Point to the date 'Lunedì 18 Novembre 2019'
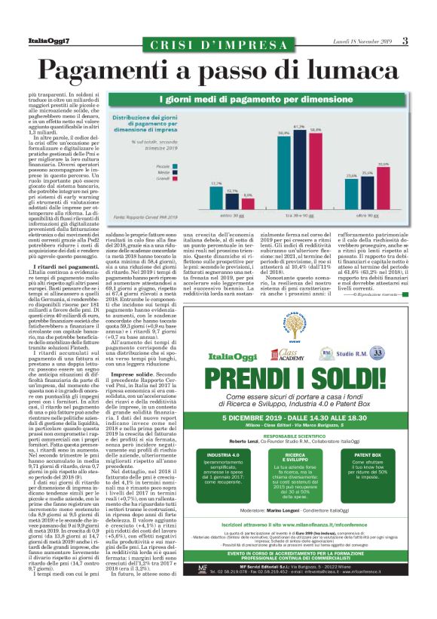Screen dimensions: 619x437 380,40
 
